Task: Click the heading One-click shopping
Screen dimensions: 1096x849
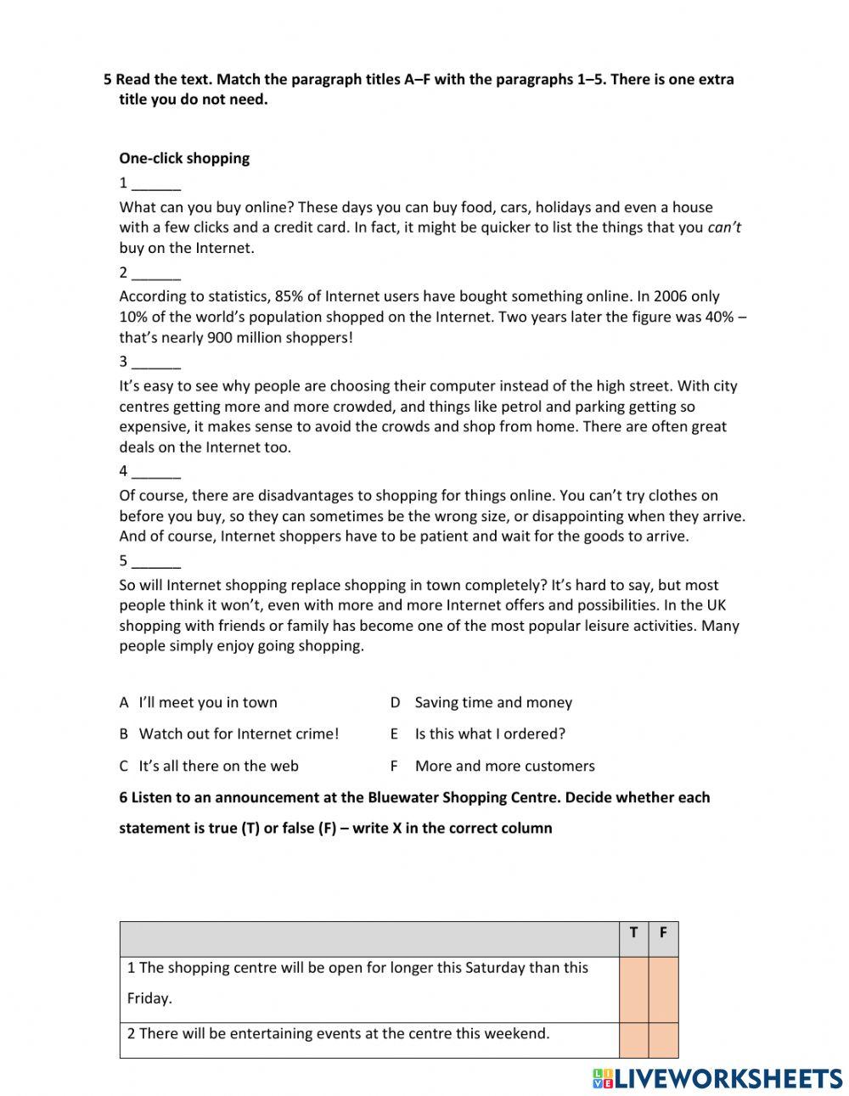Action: click(x=184, y=159)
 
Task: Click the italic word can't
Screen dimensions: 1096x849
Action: click(x=724, y=228)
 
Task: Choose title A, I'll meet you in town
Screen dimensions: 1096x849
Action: click(x=207, y=703)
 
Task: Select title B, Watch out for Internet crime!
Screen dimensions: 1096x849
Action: click(x=238, y=734)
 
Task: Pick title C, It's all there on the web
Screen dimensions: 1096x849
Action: click(x=218, y=767)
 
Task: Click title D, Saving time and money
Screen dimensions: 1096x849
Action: click(x=492, y=703)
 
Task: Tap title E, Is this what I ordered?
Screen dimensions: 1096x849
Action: click(x=489, y=734)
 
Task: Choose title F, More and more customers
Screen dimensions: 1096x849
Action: click(x=504, y=767)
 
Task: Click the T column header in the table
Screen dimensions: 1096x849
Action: click(x=633, y=933)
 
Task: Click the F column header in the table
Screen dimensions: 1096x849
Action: click(x=663, y=933)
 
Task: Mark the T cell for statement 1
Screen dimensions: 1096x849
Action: click(x=633, y=990)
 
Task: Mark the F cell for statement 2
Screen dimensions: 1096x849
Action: click(x=663, y=1040)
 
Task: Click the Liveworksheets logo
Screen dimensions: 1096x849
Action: click(x=717, y=1078)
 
